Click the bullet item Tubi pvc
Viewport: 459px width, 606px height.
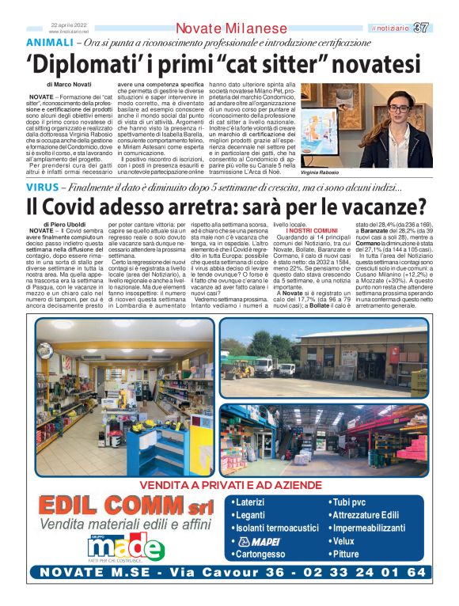351,502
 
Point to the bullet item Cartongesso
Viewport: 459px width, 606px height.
260,554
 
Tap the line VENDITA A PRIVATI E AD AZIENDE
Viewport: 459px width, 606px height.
230,485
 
